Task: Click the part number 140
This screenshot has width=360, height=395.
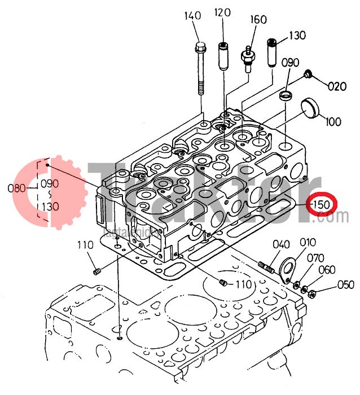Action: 192,16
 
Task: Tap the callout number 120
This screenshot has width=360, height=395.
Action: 223,12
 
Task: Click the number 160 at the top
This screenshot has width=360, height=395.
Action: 258,20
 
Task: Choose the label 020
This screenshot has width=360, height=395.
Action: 337,86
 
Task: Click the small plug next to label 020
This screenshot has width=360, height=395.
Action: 308,74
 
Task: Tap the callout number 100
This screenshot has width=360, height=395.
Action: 333,121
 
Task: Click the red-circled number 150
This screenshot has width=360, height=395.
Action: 321,203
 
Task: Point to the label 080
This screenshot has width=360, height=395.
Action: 17,188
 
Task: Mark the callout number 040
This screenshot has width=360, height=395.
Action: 281,244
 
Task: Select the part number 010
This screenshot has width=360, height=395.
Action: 308,243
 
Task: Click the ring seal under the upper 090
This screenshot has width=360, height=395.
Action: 287,94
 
